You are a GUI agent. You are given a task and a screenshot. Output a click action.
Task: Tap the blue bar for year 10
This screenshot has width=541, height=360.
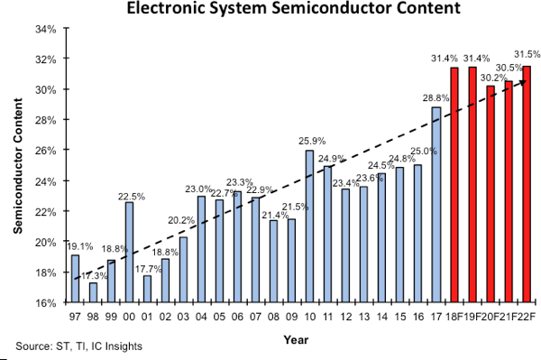[309, 226]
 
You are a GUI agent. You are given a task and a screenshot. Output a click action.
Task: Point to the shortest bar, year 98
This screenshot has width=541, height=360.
[93, 292]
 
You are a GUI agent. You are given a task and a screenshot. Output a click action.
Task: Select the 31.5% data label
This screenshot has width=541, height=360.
[527, 53]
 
